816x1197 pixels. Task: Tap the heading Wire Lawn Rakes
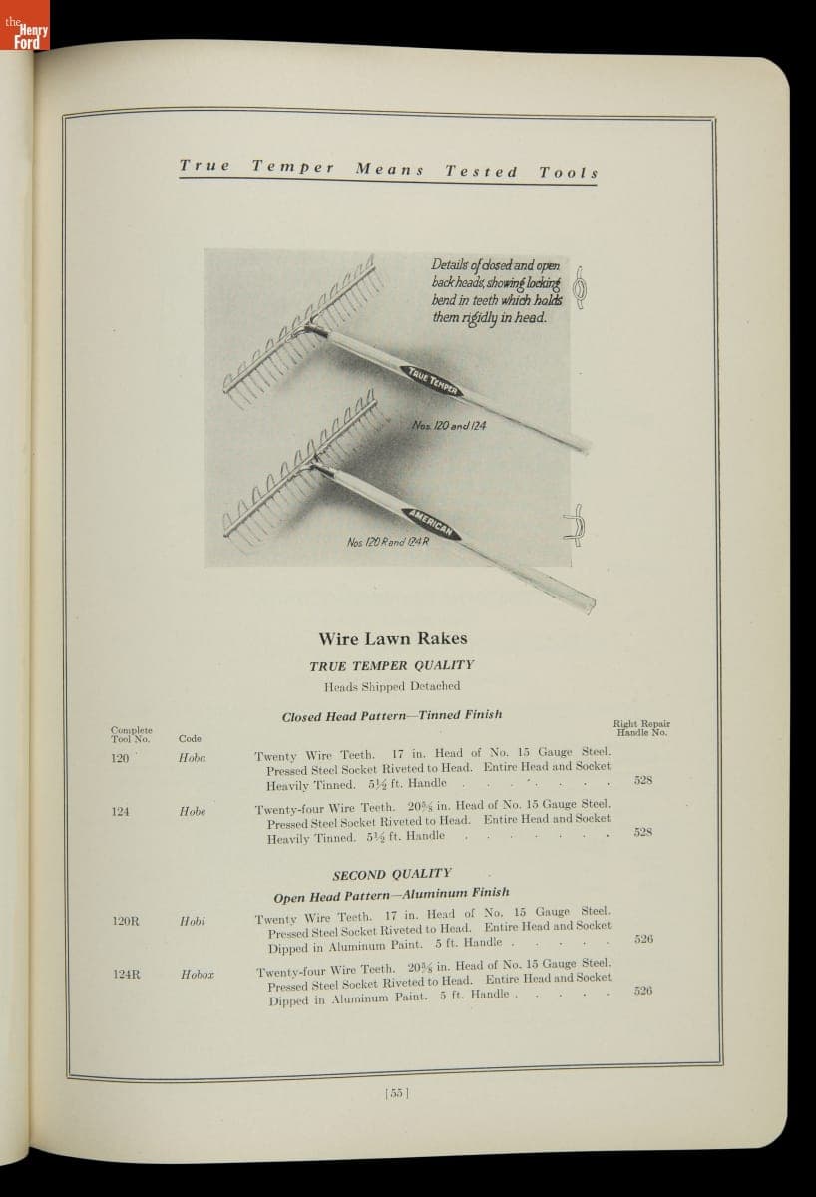point(392,638)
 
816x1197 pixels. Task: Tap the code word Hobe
point(192,812)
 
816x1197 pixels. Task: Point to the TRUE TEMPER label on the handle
point(432,380)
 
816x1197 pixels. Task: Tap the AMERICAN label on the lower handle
point(432,522)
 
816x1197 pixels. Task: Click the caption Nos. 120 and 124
point(448,426)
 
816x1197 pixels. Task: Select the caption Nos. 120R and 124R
point(380,543)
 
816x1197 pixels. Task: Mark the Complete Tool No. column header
point(130,734)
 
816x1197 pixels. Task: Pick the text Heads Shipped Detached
point(392,686)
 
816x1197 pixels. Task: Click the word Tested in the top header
point(481,171)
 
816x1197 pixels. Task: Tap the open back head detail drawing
point(576,526)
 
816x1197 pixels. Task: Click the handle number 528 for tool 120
point(644,779)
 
